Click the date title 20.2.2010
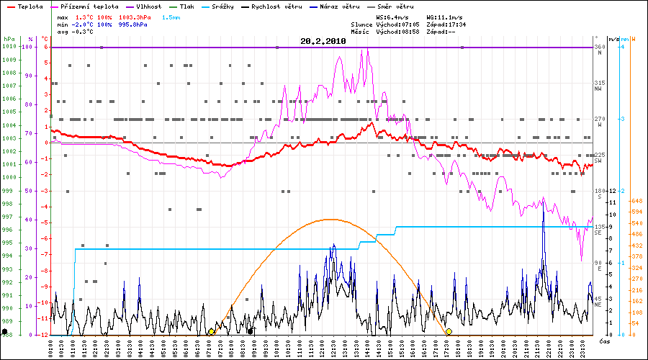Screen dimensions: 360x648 point(323,42)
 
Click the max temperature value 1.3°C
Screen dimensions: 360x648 point(86,16)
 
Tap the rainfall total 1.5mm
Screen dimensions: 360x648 point(171,16)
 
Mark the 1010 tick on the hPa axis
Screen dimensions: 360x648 point(9,47)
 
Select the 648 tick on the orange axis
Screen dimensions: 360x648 point(636,201)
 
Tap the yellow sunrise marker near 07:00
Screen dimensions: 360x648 point(210,331)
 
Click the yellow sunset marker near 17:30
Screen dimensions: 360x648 point(449,331)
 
